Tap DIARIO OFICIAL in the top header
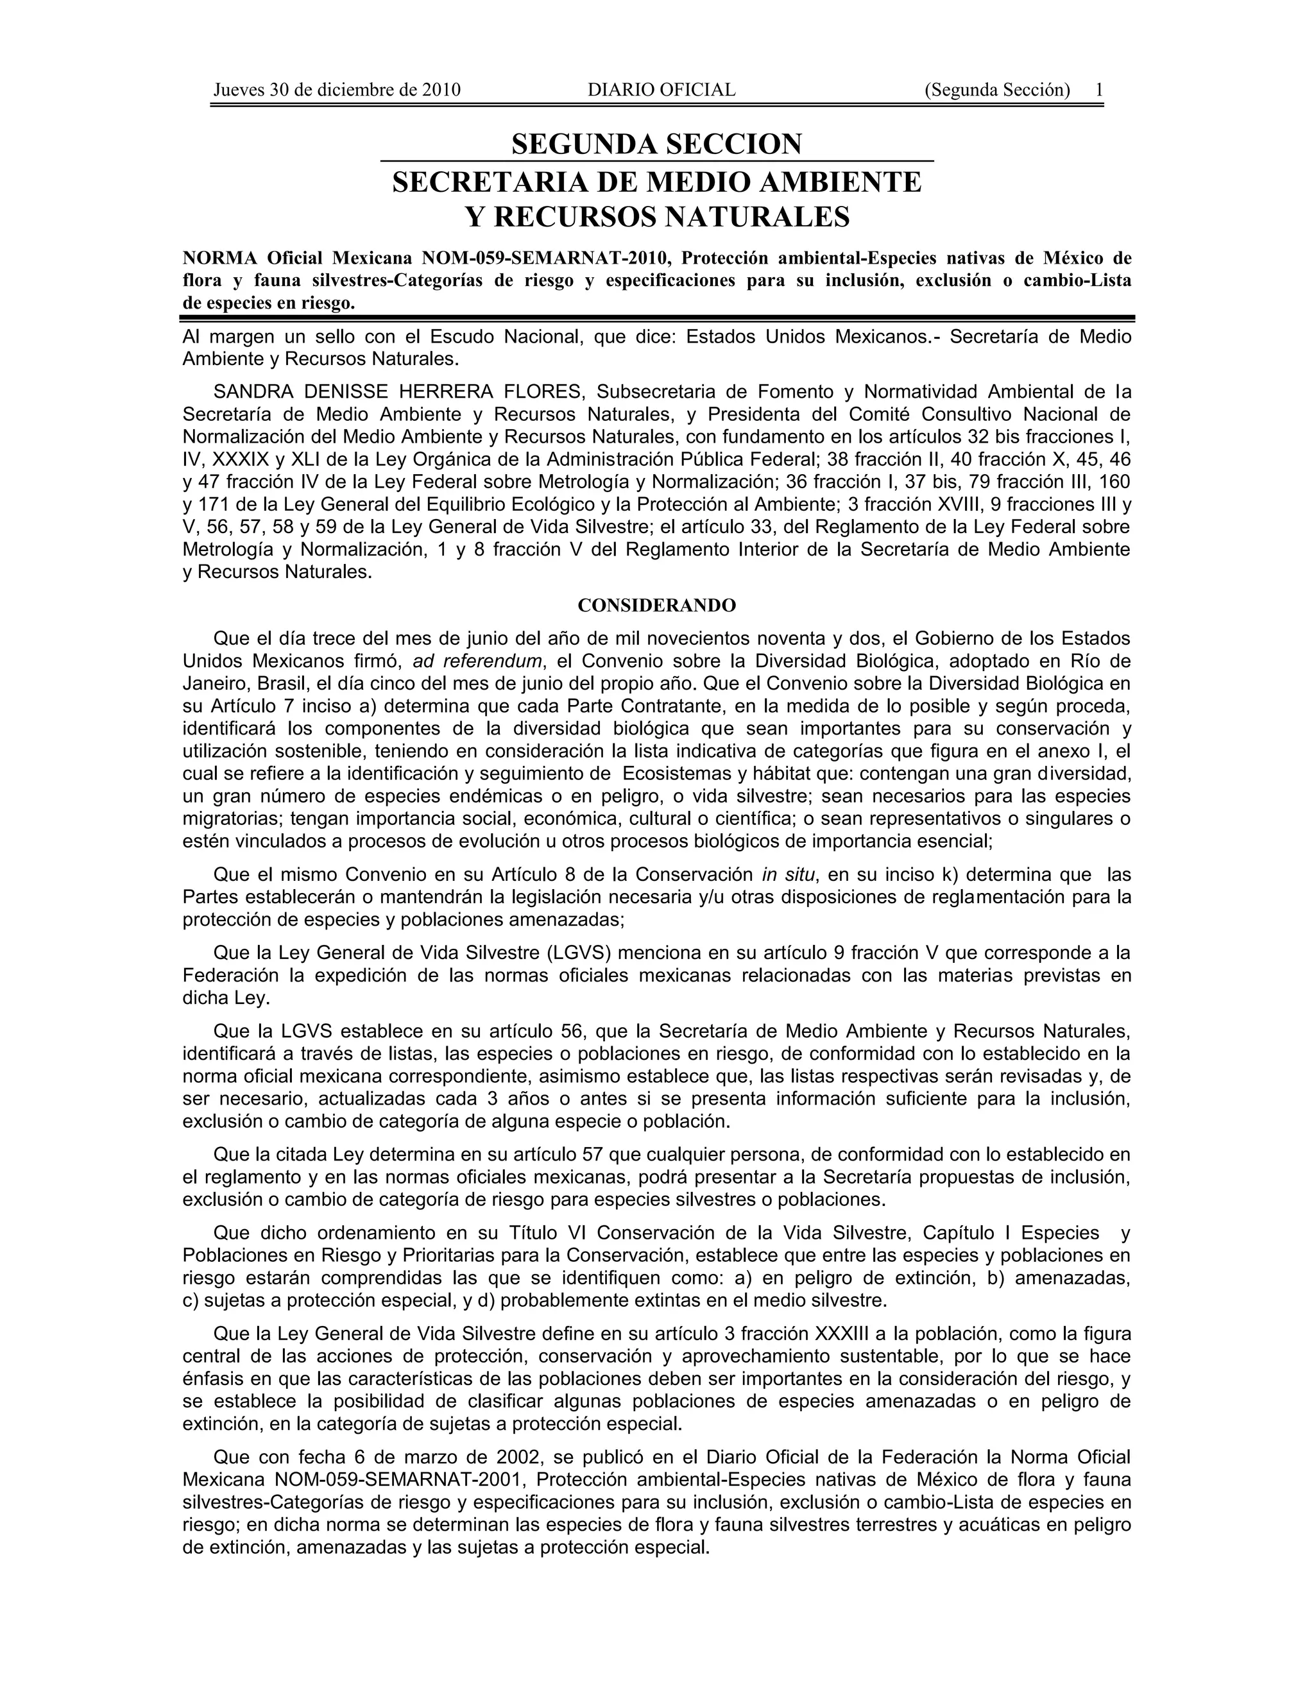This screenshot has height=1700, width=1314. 661,90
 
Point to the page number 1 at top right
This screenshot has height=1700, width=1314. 1099,90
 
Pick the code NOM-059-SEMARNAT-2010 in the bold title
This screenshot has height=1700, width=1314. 545,258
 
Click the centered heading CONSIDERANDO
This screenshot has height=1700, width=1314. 656,605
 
